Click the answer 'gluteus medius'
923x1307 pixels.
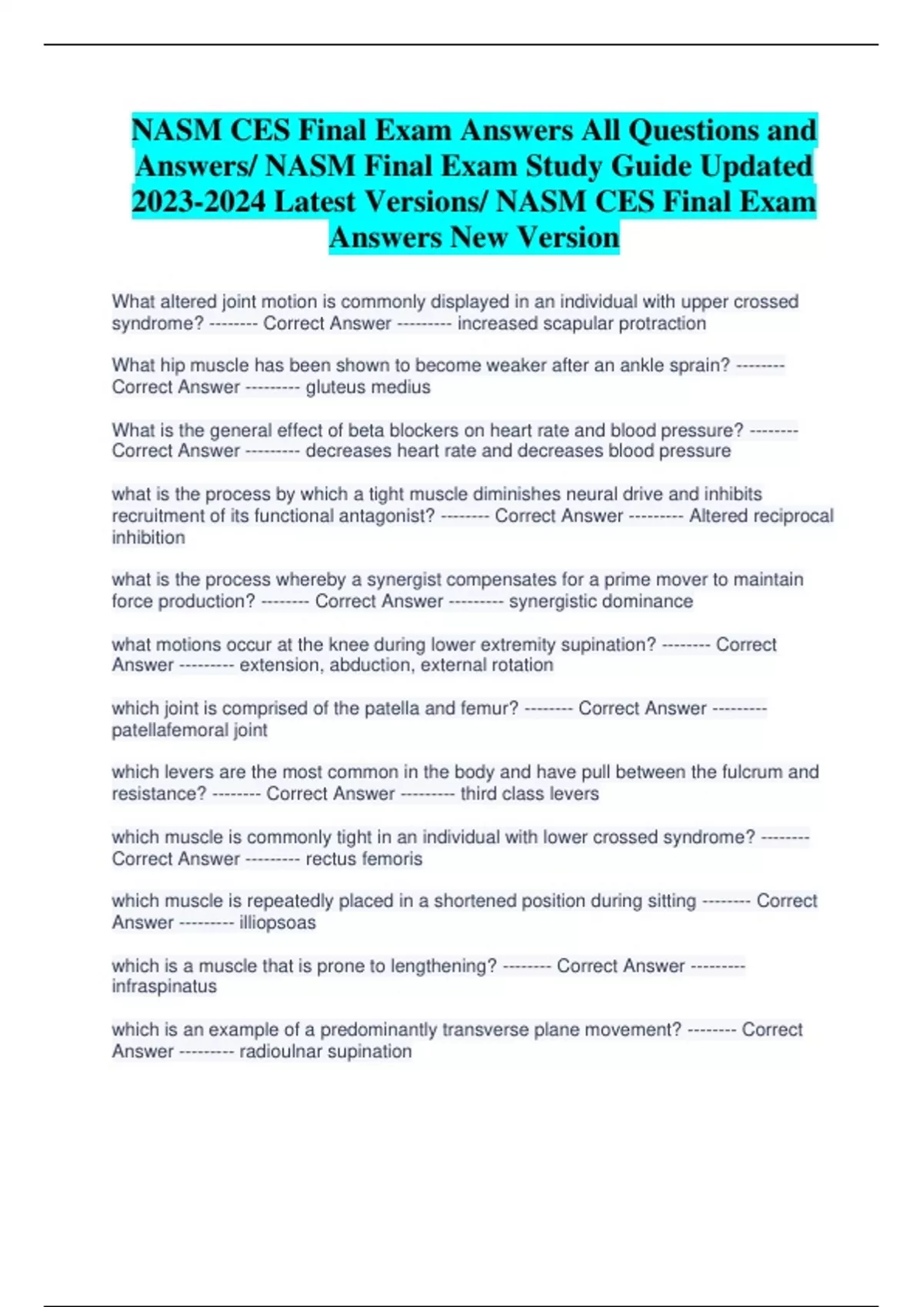[x=368, y=387]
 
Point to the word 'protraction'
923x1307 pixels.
[x=662, y=324]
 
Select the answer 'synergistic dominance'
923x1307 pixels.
[x=601, y=601]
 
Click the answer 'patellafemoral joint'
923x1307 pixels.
[x=189, y=730]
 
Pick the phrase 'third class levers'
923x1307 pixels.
[x=529, y=794]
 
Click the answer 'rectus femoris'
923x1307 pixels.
[x=364, y=859]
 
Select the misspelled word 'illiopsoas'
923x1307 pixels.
[x=277, y=923]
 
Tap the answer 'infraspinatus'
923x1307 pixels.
[x=164, y=986]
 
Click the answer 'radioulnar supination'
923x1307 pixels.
[x=325, y=1051]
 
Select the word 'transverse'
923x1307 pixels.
[x=484, y=1029]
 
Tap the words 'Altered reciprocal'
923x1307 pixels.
[x=761, y=516]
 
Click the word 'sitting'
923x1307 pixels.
[x=668, y=901]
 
